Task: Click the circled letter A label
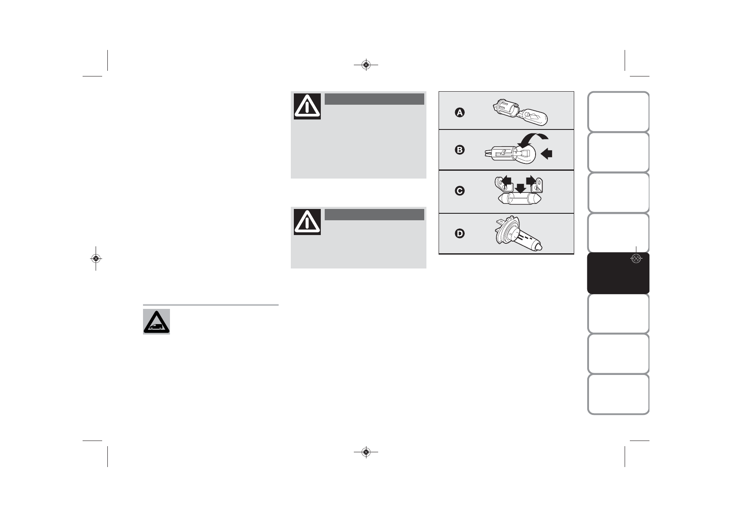[459, 113]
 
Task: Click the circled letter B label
[459, 150]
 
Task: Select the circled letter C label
[459, 191]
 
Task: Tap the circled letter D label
[459, 234]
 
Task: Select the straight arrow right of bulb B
[546, 153]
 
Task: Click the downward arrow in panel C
[519, 188]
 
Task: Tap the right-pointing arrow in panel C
[531, 179]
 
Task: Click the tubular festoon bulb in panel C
[519, 200]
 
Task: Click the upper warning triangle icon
[307, 106]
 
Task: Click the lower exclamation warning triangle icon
[307, 222]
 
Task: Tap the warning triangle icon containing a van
[156, 321]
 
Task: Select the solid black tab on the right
[618, 273]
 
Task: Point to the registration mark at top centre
[366, 65]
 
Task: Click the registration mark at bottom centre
[366, 452]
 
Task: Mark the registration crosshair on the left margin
[96, 258]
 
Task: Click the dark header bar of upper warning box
[374, 99]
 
